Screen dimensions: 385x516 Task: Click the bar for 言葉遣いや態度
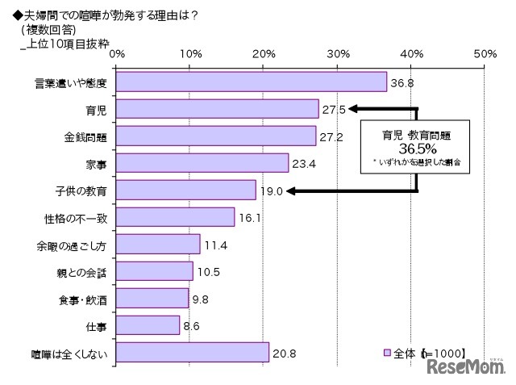pyautogui.click(x=252, y=82)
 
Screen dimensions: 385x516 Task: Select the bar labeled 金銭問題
pyautogui.click(x=216, y=136)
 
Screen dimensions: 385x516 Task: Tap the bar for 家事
pyautogui.click(x=202, y=163)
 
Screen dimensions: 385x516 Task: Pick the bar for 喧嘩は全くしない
pyautogui.click(x=193, y=353)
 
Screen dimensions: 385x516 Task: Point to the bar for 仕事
pyautogui.click(x=148, y=325)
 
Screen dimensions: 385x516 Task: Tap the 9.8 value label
pyautogui.click(x=201, y=299)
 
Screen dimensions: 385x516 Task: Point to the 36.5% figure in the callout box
pyautogui.click(x=417, y=149)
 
